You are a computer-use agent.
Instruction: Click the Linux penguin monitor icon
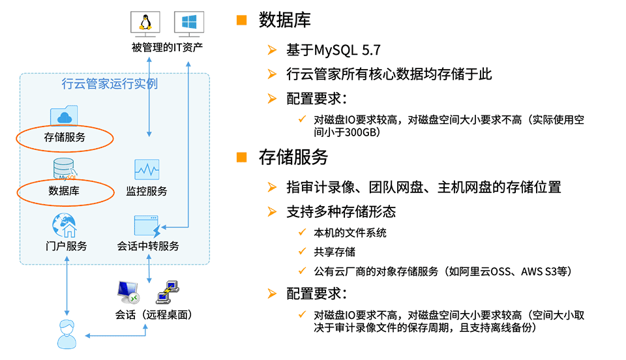(145, 24)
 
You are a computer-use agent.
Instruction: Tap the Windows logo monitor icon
(189, 24)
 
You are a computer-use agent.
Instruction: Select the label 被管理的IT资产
(168, 48)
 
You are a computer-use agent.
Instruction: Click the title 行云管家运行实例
(110, 84)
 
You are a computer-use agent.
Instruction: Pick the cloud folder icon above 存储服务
(64, 115)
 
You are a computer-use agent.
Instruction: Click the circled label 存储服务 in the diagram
(65, 138)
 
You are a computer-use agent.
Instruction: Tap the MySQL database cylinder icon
(65, 170)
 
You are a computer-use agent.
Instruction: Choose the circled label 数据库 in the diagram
(64, 191)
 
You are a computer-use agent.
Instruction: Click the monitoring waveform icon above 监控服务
(147, 170)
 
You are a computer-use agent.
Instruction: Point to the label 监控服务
(147, 191)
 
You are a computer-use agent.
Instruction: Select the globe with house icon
(65, 226)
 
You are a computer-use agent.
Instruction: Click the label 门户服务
(66, 246)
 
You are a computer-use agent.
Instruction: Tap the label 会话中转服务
(148, 246)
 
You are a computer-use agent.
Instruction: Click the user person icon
(67, 335)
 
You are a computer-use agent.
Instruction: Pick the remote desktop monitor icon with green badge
(128, 293)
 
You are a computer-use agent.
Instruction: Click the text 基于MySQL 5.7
(333, 50)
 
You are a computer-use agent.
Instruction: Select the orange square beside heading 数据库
(241, 20)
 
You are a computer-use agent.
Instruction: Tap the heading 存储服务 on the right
(293, 157)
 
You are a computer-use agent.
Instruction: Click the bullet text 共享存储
(335, 252)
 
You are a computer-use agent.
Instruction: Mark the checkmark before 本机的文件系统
(302, 232)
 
